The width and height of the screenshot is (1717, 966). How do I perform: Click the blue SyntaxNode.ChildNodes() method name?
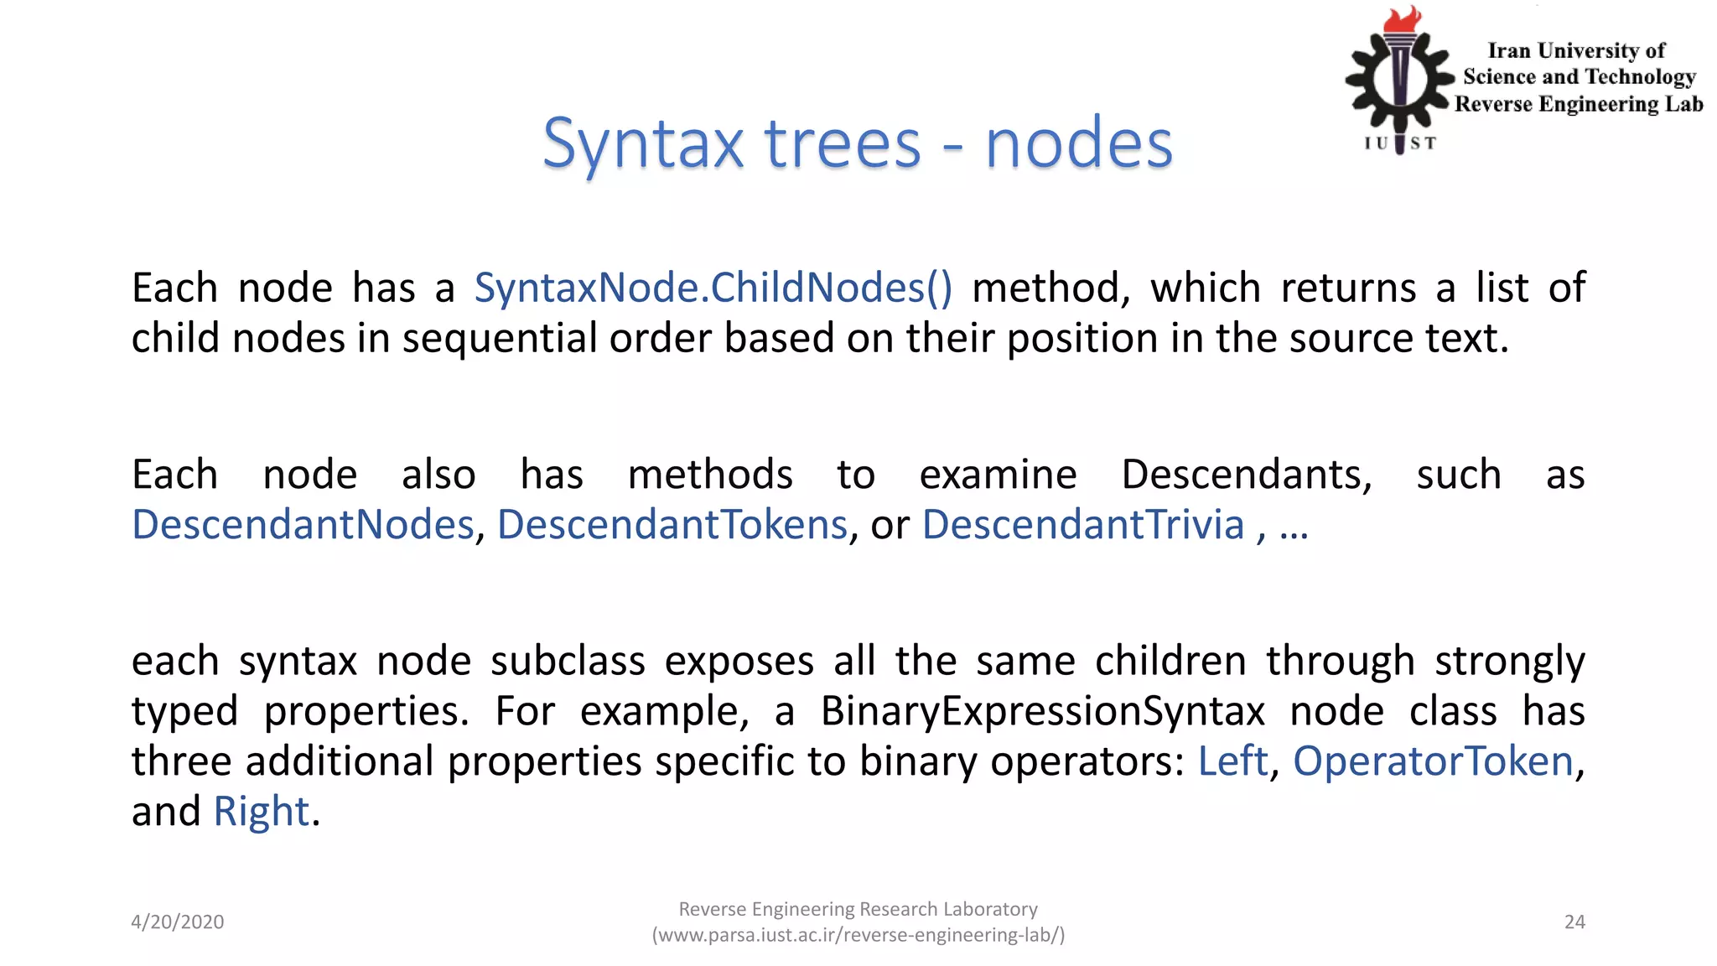(x=713, y=288)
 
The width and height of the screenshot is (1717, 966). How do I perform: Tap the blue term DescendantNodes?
(x=303, y=525)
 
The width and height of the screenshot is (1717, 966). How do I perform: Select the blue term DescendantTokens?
(x=672, y=525)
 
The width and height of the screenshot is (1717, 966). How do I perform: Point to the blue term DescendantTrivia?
(x=1082, y=525)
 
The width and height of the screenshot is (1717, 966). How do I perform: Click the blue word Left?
(x=1232, y=761)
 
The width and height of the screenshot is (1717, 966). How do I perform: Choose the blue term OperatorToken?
(x=1433, y=761)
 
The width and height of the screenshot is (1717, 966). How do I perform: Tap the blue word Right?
(x=262, y=812)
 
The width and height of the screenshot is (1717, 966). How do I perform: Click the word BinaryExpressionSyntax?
(x=1042, y=712)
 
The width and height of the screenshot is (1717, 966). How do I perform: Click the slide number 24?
(x=1574, y=922)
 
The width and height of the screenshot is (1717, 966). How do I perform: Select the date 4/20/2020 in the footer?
(x=178, y=922)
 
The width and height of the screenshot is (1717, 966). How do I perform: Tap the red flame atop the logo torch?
(x=1403, y=18)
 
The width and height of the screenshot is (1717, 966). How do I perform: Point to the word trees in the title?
(x=843, y=144)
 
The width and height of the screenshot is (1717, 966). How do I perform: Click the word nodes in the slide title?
(x=1079, y=144)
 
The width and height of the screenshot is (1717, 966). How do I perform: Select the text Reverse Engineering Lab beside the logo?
(x=1579, y=105)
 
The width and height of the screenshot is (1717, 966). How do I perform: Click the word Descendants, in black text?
(x=1247, y=475)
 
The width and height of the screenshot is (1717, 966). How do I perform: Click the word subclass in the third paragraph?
(x=568, y=662)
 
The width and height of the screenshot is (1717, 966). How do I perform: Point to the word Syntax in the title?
(x=643, y=144)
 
